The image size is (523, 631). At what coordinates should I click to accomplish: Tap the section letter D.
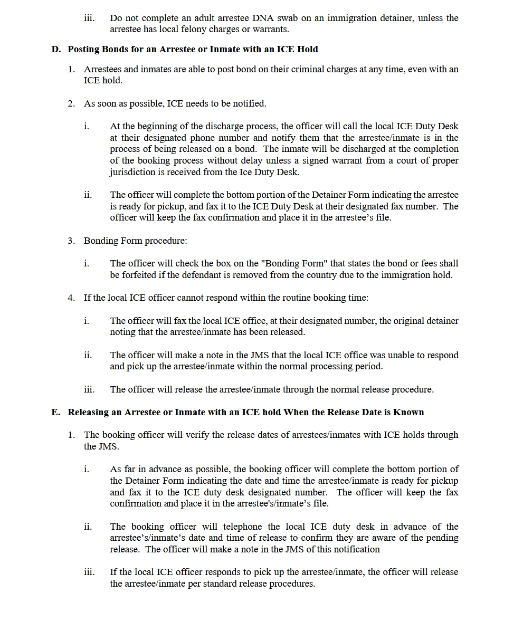[x=55, y=49]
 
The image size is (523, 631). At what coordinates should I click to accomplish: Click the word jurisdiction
[x=134, y=172]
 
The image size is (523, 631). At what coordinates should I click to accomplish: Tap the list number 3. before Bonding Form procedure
[x=71, y=241]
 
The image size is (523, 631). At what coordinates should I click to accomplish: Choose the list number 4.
[x=71, y=298]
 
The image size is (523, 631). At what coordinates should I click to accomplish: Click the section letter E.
[x=55, y=412]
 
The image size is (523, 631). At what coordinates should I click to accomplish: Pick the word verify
[x=183, y=435]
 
